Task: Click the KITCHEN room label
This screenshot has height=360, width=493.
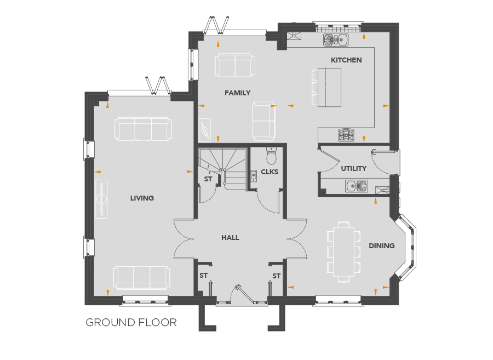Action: (x=346, y=60)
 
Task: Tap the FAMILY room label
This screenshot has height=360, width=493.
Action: (x=237, y=93)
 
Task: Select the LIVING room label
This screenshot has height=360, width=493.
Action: (x=142, y=198)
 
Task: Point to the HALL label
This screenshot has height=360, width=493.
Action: (x=230, y=238)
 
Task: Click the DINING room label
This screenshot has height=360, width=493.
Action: (x=381, y=246)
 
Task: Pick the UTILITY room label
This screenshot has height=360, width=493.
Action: (x=354, y=169)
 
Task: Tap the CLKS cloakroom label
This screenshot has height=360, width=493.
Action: (x=270, y=172)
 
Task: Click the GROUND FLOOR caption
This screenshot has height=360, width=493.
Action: (x=131, y=323)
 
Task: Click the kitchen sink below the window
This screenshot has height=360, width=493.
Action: (x=336, y=39)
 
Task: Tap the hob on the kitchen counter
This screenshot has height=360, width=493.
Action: (x=346, y=135)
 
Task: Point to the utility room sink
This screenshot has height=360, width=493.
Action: (x=357, y=186)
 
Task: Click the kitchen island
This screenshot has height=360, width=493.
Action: (x=329, y=88)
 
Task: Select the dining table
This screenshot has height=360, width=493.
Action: (x=343, y=252)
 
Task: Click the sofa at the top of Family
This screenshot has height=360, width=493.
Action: (x=235, y=65)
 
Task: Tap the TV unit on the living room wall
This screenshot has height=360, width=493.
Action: (x=101, y=199)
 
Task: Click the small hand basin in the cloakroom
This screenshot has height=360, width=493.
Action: (x=254, y=176)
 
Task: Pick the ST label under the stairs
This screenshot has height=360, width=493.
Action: (x=208, y=179)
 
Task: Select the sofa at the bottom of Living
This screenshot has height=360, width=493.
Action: (x=142, y=278)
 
